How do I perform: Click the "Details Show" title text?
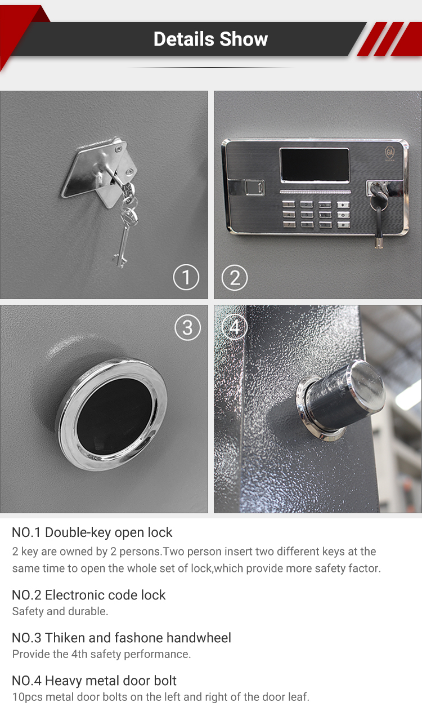point(210,39)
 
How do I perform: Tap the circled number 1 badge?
point(186,277)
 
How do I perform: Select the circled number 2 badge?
point(235,277)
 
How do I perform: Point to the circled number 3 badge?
point(187,328)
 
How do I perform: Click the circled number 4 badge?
point(235,326)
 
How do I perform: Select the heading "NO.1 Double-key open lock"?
point(92,532)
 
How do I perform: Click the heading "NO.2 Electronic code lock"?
point(89,595)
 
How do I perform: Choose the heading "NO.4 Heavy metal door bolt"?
point(95,681)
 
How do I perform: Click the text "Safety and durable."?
point(60,611)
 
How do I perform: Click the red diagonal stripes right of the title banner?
point(389,39)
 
